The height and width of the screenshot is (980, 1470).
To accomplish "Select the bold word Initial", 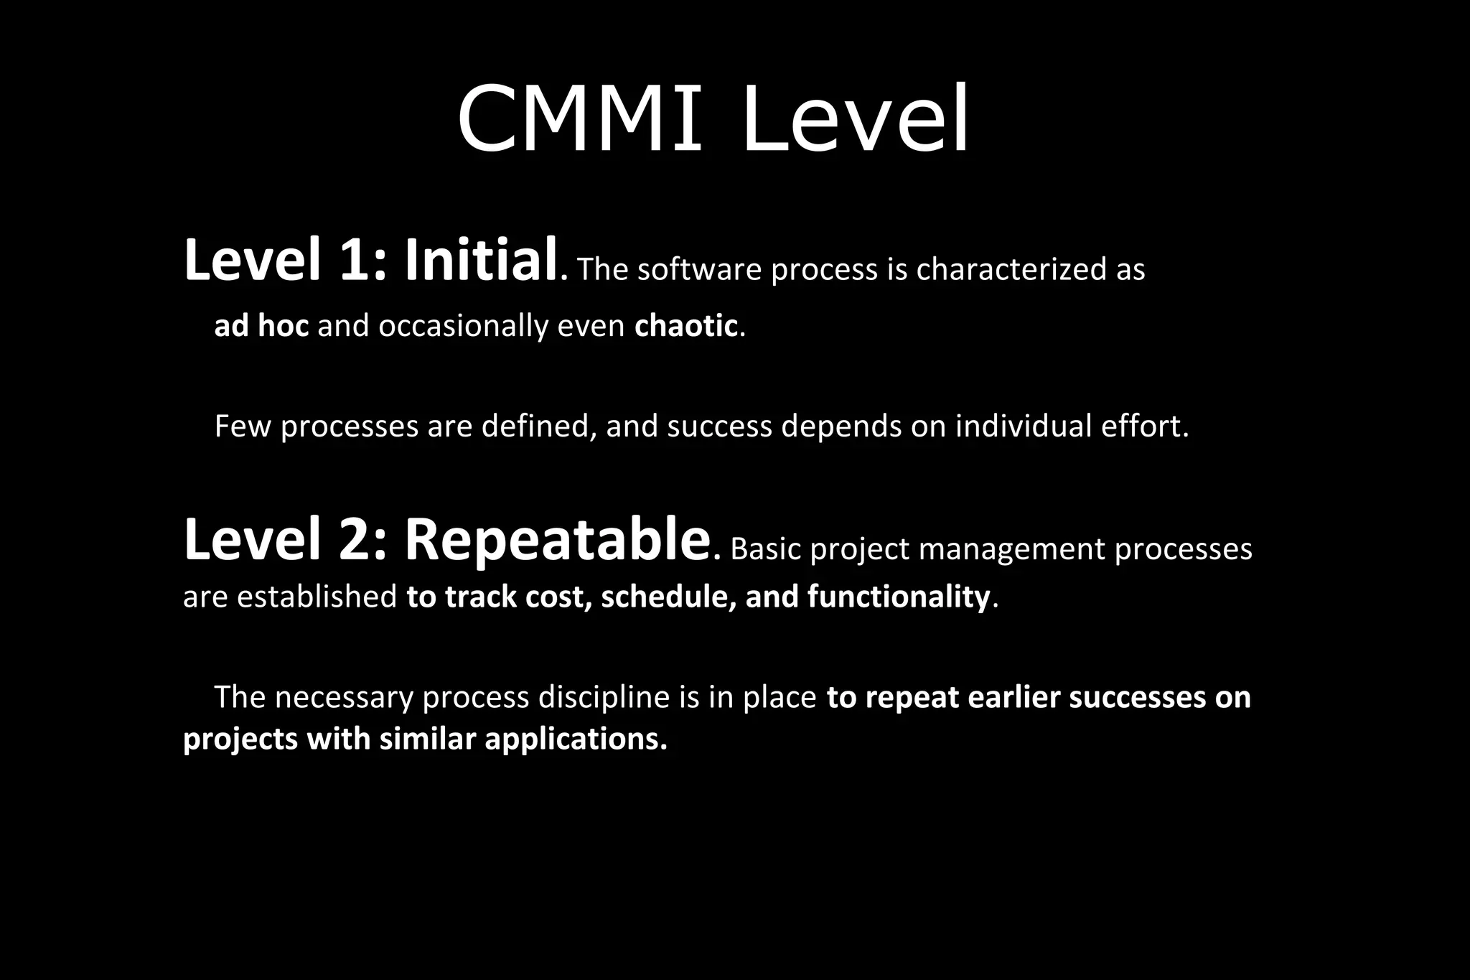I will [481, 260].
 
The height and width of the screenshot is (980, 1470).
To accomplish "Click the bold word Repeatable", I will [557, 540].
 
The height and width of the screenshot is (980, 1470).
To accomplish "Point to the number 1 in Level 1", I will [356, 260].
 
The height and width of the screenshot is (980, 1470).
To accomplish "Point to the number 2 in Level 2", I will [356, 540].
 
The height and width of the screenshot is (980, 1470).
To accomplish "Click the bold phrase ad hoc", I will [261, 326].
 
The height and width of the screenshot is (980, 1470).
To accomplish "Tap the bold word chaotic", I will [686, 326].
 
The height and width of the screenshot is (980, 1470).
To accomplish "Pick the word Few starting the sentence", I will [244, 426].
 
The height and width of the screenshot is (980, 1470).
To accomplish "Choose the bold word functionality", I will [899, 597].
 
